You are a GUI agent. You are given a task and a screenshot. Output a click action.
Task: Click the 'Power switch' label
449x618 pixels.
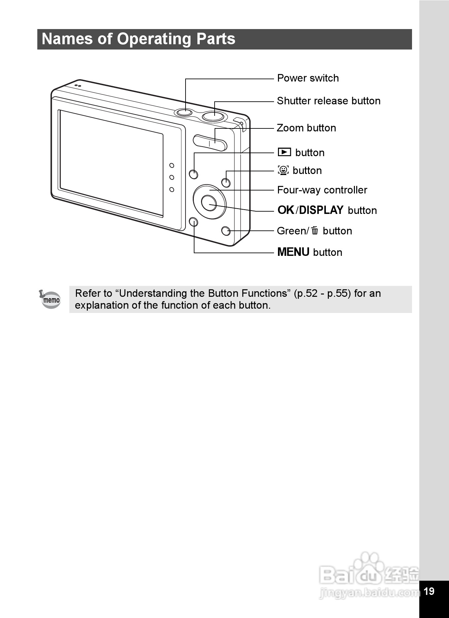308,78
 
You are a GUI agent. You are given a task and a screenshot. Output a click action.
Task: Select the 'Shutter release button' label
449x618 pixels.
328,101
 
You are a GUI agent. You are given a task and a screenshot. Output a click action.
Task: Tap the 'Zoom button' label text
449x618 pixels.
306,128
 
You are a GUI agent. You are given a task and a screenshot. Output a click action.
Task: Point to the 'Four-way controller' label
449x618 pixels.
322,190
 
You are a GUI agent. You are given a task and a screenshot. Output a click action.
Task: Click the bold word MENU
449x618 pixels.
293,252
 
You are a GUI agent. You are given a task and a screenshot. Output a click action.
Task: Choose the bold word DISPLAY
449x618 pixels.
321,210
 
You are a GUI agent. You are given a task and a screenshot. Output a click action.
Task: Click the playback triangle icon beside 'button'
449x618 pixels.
284,152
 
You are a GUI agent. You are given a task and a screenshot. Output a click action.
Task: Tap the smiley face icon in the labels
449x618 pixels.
283,170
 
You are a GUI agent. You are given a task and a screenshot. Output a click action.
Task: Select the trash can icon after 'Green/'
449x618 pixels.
315,230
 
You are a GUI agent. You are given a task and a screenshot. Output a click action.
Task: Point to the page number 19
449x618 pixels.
429,591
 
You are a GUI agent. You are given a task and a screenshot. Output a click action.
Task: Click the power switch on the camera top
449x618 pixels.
184,112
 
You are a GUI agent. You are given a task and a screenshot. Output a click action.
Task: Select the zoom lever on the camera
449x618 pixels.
210,142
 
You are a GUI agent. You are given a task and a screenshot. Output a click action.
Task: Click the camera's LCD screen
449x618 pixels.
112,163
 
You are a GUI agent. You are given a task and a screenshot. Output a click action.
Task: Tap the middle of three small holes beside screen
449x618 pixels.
172,178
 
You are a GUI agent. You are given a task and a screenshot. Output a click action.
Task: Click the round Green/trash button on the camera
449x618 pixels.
226,231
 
